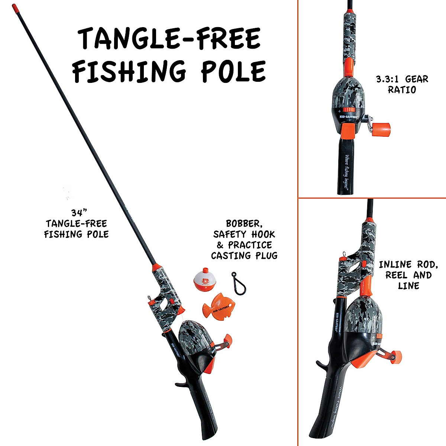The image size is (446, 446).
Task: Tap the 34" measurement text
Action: coord(79,213)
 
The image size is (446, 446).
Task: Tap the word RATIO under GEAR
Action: coord(401,90)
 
